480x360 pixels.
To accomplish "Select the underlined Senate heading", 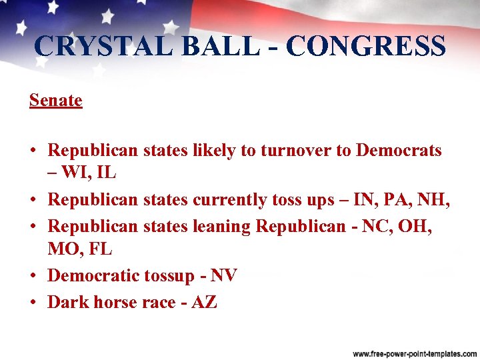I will pyautogui.click(x=55, y=101).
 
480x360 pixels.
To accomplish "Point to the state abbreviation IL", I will pyautogui.click(x=107, y=173).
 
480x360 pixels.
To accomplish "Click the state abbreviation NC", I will pyautogui.click(x=377, y=227).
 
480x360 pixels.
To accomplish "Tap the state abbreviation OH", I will pyautogui.click(x=416, y=227).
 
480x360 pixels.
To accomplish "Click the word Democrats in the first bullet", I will pyautogui.click(x=399, y=151).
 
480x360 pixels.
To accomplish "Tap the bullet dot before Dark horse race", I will pyautogui.click(x=33, y=301).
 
